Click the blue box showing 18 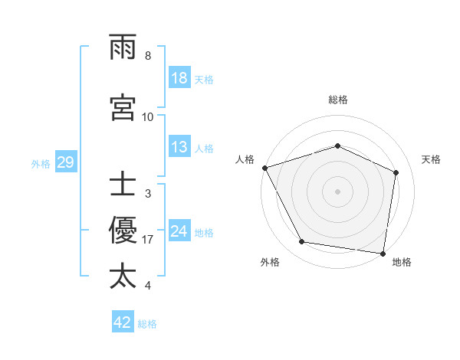(x=179, y=79)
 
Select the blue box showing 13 (x=179, y=147)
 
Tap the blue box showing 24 (x=179, y=231)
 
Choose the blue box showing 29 (x=65, y=162)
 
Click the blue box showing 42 (x=123, y=322)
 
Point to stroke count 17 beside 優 (x=148, y=240)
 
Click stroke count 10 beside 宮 (x=148, y=116)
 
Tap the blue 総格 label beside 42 (x=147, y=323)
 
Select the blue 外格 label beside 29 (x=41, y=163)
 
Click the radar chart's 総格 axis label (x=338, y=100)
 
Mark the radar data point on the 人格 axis (x=264, y=168)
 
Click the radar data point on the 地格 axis (x=383, y=253)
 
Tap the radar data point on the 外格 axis (x=302, y=242)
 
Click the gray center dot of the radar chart (x=338, y=191)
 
